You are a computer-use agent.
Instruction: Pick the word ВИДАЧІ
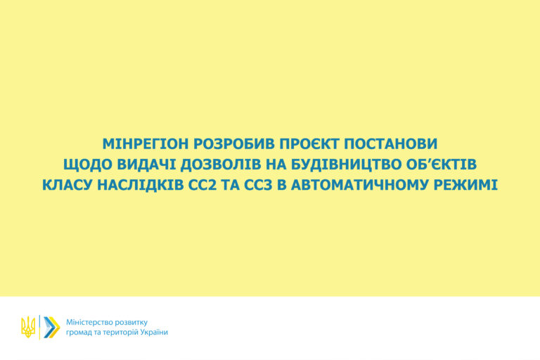point(146,165)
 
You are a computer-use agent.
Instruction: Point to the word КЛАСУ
point(67,185)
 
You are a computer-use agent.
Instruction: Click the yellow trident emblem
point(28,327)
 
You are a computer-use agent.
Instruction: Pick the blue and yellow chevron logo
point(51,327)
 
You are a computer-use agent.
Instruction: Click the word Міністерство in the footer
point(87,323)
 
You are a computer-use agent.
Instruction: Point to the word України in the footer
point(154,332)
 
